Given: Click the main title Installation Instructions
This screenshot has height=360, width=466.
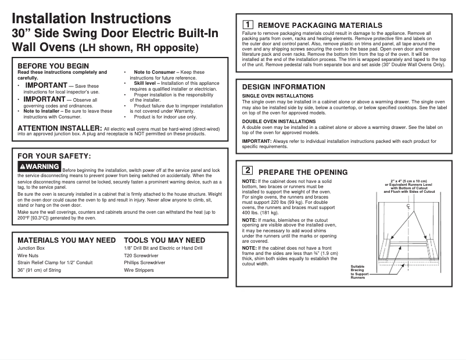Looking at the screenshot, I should coord(91,19).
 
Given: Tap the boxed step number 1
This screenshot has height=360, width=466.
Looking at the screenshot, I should coord(247,24).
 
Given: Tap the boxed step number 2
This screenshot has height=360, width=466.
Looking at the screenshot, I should coord(247,171).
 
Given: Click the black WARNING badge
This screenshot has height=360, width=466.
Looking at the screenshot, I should coord(39,167).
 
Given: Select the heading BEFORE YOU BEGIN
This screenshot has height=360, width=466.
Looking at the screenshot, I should coord(53,66).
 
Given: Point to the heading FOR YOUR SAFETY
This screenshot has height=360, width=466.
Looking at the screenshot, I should coord(54,156).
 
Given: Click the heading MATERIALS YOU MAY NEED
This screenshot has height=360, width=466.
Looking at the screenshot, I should coord(66,240).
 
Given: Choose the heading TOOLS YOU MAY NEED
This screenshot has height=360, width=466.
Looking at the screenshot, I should coord(164,240).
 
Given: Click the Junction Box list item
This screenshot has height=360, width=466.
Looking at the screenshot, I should coord(31,248).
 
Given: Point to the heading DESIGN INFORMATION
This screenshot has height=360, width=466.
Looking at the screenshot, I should coord(284,87).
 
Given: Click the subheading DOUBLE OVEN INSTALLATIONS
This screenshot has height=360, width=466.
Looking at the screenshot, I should coord(279,121).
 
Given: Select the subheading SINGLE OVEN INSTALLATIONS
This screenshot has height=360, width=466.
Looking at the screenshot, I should coord(278,95).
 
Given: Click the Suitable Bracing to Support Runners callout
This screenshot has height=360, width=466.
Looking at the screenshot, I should coord(359,272).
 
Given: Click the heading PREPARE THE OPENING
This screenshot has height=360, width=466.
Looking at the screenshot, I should coord(303,172).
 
